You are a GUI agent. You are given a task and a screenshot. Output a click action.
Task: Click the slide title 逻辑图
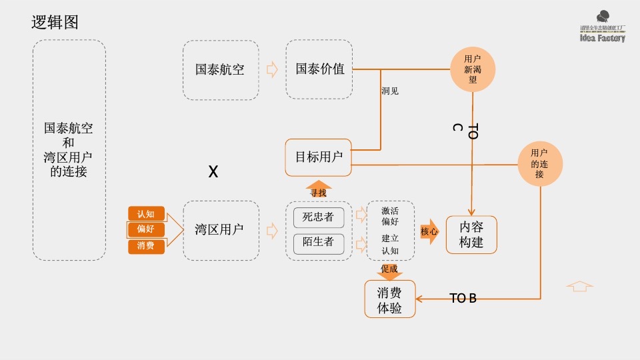point(55,22)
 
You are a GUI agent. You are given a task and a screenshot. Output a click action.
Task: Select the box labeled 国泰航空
point(221,69)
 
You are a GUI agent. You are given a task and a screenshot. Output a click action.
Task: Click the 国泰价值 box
point(319,69)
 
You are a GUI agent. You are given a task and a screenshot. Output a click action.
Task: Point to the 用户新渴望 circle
point(473,69)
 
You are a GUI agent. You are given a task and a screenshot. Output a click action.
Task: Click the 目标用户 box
point(319,157)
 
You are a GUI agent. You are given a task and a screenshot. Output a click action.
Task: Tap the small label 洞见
point(390,91)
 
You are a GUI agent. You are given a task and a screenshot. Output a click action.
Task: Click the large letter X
point(213,172)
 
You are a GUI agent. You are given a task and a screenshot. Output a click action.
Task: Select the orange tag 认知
point(146,214)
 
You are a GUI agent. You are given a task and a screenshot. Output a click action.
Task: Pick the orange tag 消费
point(146,246)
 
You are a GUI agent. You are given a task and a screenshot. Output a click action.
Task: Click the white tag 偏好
point(146,230)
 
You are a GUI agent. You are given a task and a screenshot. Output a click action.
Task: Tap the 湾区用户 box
point(221,230)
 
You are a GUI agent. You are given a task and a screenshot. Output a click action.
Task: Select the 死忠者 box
point(319,217)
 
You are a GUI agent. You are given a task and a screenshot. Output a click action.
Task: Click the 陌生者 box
point(319,242)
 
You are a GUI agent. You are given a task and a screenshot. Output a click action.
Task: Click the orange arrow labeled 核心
point(430,231)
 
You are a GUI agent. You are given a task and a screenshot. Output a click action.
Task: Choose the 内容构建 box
point(472,235)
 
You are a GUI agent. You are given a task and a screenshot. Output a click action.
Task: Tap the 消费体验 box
point(389,299)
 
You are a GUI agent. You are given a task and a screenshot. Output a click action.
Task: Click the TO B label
point(463,298)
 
